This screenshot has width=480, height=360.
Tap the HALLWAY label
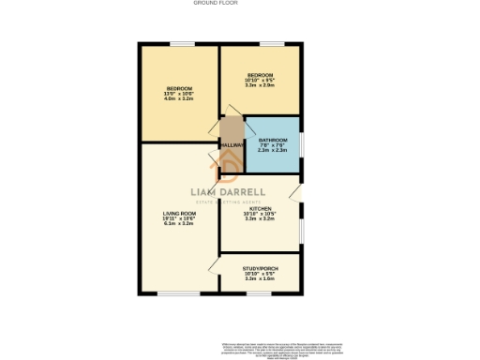[232, 144]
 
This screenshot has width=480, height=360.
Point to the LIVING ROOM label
[178, 213]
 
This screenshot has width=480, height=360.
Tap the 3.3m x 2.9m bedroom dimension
[260, 85]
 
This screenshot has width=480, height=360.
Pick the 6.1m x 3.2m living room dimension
[178, 224]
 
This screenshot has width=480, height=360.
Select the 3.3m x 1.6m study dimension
[259, 278]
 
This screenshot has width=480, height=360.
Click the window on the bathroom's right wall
[300, 145]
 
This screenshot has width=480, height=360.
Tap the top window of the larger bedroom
[178, 44]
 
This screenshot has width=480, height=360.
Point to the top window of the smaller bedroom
[272, 44]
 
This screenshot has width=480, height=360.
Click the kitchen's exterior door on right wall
[296, 193]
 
